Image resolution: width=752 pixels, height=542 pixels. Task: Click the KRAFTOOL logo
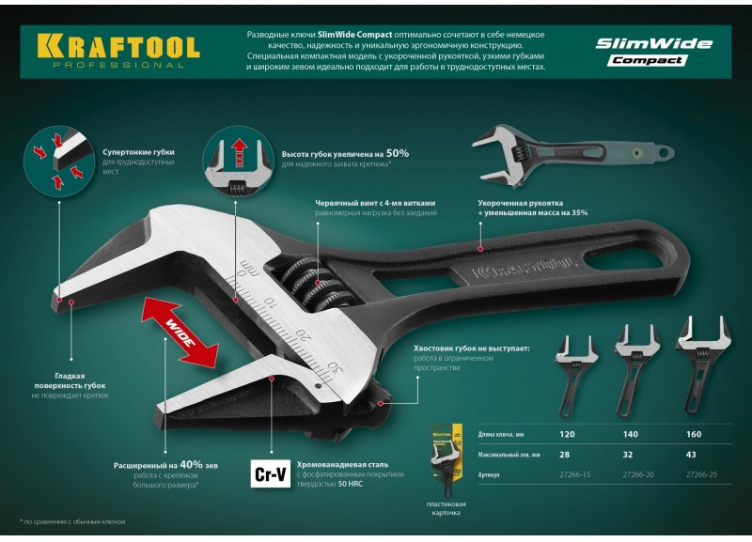(x=117, y=49)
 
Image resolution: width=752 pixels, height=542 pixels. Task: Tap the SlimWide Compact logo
(x=653, y=51)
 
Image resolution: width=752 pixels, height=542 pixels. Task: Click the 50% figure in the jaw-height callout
(x=398, y=152)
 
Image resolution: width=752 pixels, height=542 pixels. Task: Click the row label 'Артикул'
(x=491, y=474)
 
